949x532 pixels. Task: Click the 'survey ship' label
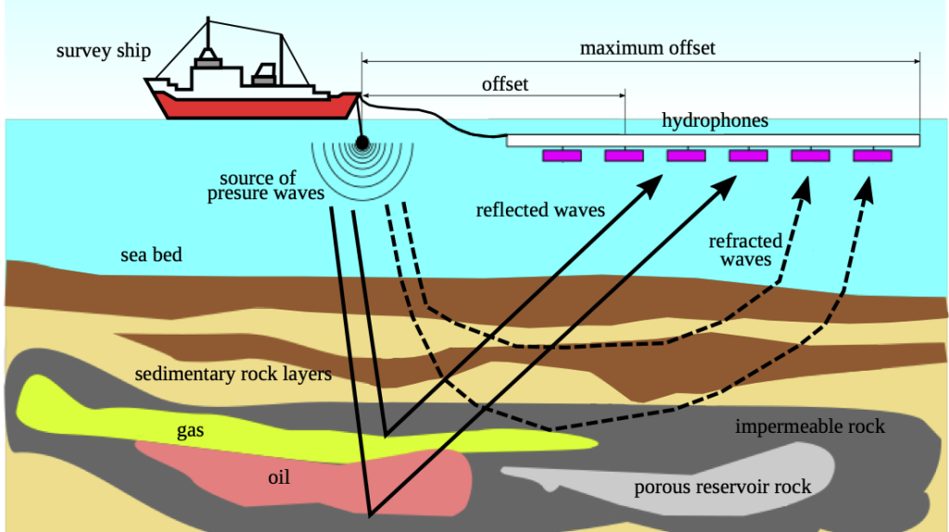tap(103, 50)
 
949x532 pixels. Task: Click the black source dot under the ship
tap(361, 143)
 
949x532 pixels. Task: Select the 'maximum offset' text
tap(648, 47)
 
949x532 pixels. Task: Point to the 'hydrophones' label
tap(715, 121)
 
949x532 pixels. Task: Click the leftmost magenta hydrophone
tap(562, 156)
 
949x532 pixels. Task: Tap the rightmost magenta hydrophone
tap(872, 156)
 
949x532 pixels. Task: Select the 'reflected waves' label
tap(540, 209)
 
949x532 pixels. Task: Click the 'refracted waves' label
tap(746, 250)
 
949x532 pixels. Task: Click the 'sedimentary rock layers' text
tap(233, 374)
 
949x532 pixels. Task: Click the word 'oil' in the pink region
tap(279, 477)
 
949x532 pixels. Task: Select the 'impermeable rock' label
tap(809, 426)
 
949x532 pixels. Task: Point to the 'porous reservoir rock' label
tap(722, 487)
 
